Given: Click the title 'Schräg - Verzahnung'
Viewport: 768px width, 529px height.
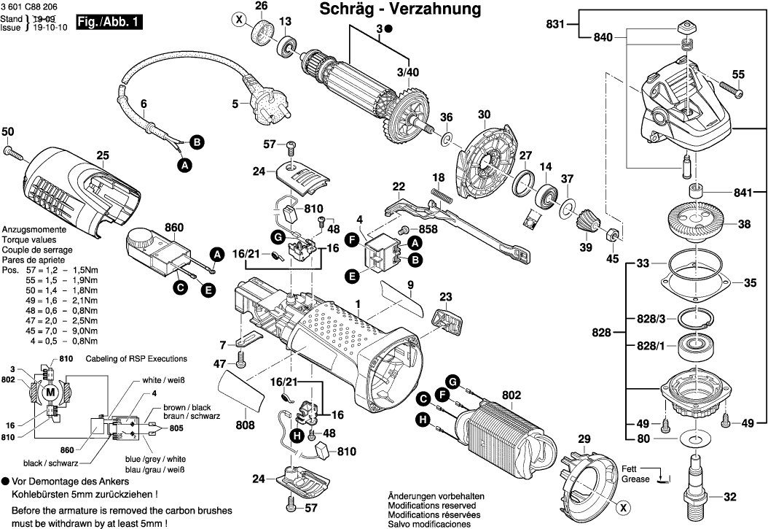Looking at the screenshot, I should click(400, 9).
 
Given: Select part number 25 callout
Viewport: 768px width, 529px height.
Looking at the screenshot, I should click(103, 155).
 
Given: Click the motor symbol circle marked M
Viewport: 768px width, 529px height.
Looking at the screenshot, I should click(50, 393).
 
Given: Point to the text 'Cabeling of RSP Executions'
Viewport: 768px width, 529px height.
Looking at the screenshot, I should click(136, 359).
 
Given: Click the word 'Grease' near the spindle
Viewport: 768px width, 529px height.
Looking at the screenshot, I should click(636, 479).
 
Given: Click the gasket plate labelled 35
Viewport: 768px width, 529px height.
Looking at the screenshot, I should click(689, 281).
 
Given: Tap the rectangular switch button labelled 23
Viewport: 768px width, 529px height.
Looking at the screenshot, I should click(446, 320).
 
